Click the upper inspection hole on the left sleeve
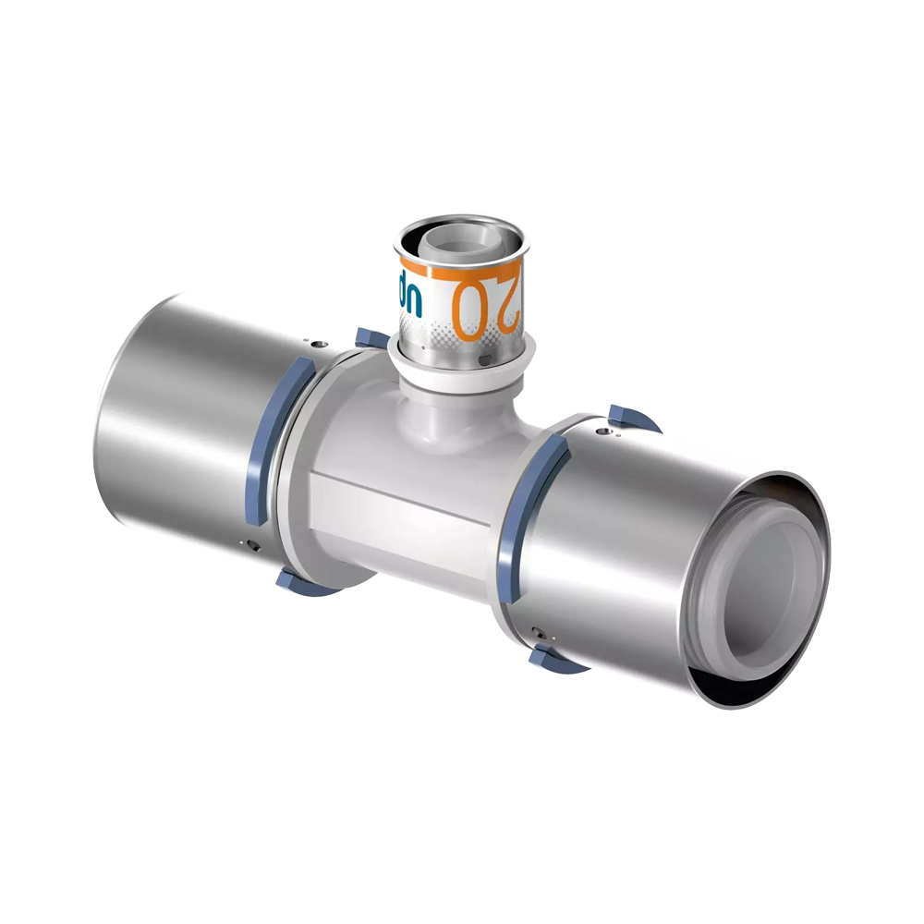[320, 346]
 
